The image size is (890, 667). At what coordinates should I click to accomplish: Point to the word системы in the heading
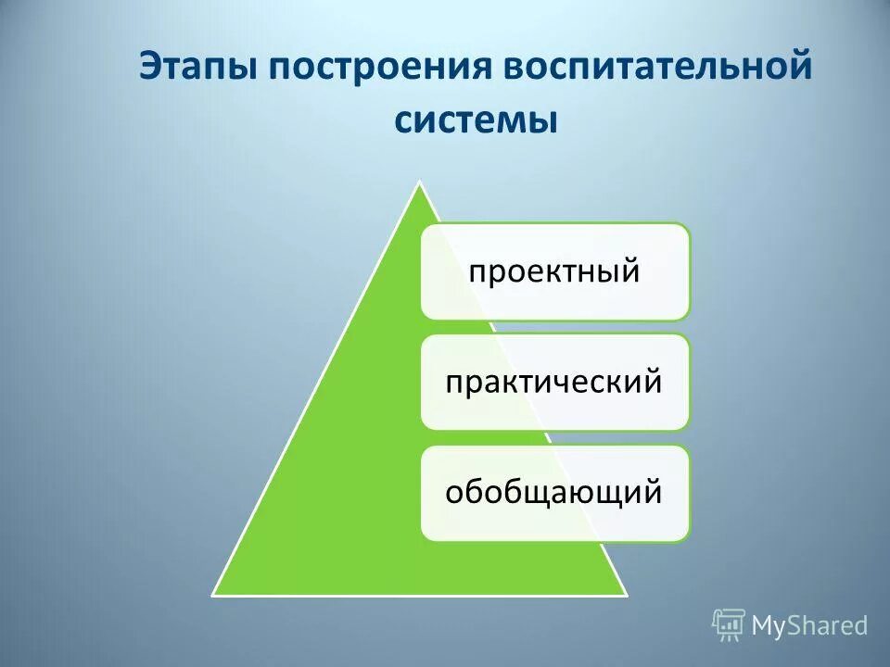coord(477,120)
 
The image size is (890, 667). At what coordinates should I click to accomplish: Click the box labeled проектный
coord(555,271)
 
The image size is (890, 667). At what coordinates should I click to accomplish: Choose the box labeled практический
coord(555,383)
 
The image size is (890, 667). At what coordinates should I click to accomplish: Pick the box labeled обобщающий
coord(555,493)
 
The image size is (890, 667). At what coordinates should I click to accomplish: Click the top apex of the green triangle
coord(419,183)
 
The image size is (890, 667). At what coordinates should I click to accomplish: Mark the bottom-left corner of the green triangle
coord(213,594)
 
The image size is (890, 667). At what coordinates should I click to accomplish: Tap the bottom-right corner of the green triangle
coord(626,594)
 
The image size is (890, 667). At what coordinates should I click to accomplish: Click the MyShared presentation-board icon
coord(729,624)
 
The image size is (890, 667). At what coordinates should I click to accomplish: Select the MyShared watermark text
coord(809,625)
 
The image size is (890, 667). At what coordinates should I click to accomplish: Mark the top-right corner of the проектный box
coord(689,225)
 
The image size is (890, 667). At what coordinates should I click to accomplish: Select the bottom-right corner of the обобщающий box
coord(689,539)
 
